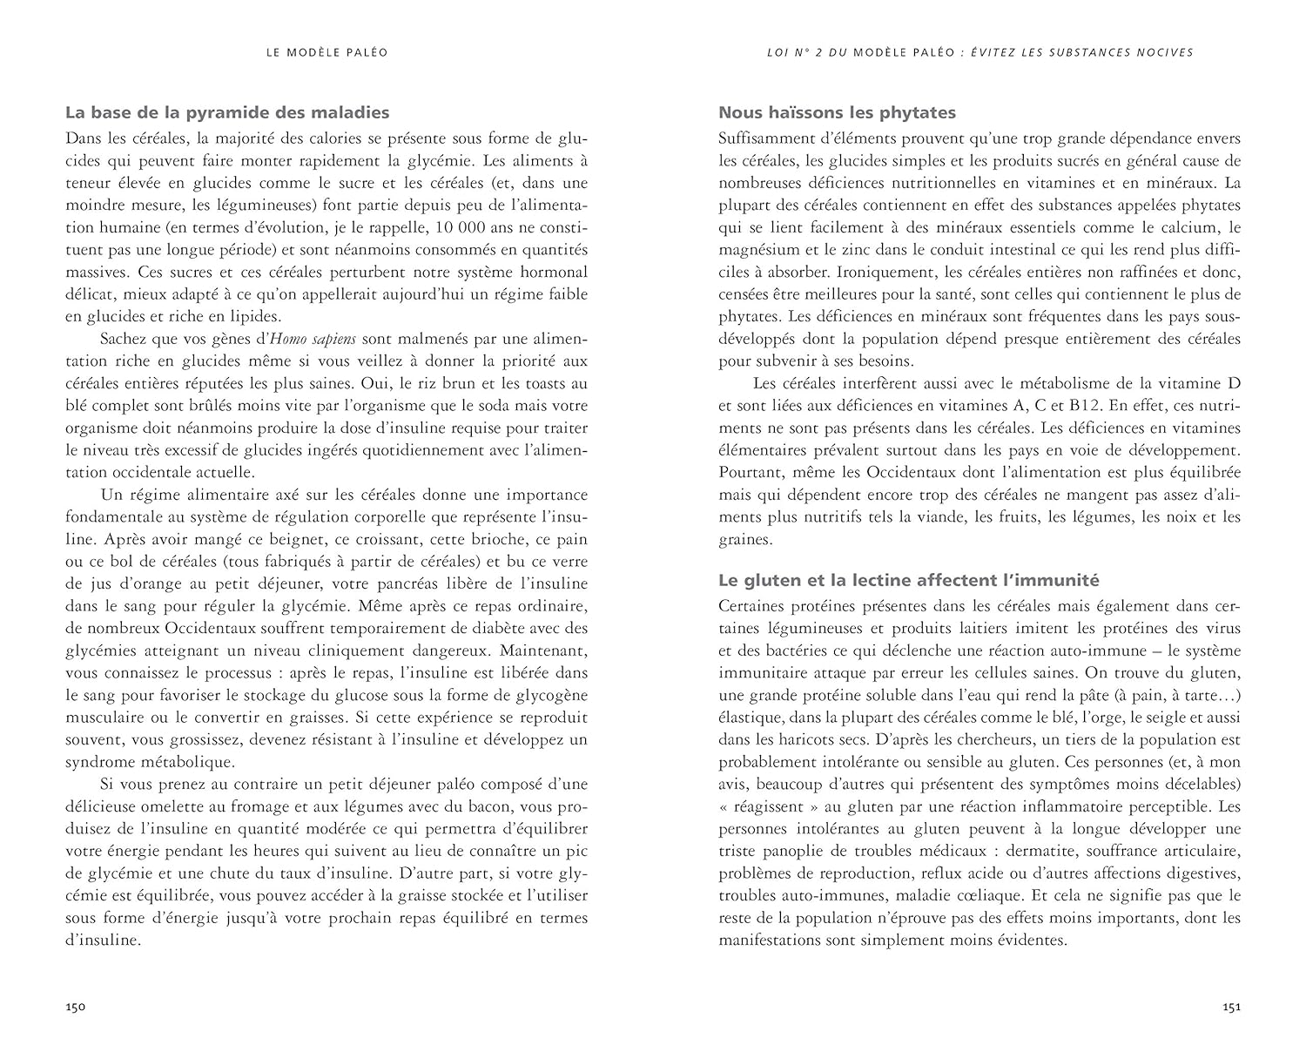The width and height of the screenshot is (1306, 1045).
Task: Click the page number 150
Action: (x=75, y=1008)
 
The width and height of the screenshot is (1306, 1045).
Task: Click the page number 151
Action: (x=1231, y=1008)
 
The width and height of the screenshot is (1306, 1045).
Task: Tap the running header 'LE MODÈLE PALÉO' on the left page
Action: (x=326, y=52)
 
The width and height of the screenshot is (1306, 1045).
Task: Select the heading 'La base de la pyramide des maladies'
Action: (x=227, y=112)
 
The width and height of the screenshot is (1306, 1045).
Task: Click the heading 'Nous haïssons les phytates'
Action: (x=837, y=112)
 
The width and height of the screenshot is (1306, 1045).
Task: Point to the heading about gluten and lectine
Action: (x=909, y=580)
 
